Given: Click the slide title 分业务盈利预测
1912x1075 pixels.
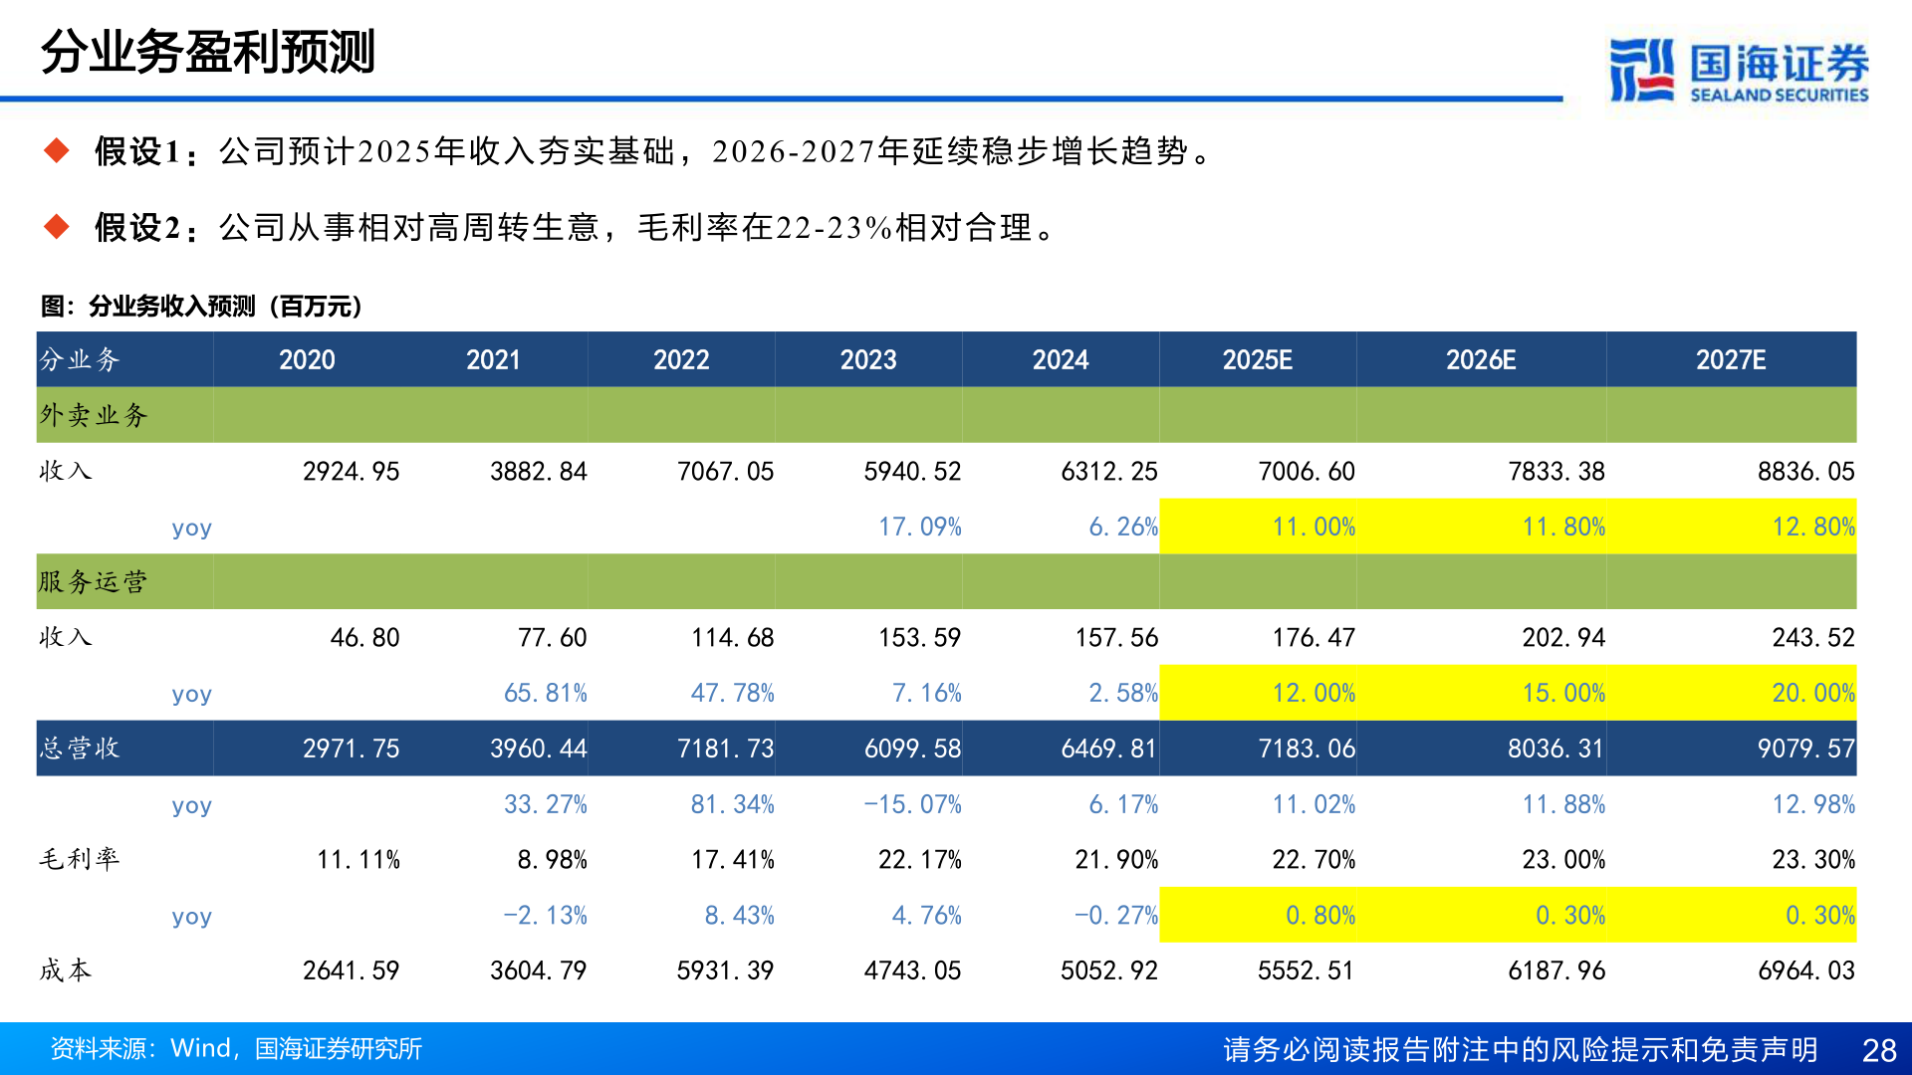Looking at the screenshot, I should pos(207,52).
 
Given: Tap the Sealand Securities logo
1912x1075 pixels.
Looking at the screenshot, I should pos(1738,70).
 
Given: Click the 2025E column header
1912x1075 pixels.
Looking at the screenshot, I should pos(1257,360).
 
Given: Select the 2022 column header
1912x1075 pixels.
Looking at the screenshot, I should pos(681,360).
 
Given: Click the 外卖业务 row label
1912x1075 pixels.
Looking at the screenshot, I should pos(94,415).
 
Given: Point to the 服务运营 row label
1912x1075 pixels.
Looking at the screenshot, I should pos(94,581).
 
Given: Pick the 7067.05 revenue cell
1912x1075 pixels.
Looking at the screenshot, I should pos(725,472).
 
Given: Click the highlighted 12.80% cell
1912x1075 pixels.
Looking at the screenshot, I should pos(1812,527).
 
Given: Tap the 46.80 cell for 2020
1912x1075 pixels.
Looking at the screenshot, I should pos(364,638).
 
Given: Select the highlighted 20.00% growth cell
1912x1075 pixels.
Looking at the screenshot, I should pos(1812,693).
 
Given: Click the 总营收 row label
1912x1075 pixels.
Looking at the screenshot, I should pos(80,749).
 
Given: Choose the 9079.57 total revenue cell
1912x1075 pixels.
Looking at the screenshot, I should pos(1804,749).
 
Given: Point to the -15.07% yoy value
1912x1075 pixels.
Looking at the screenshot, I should pos(912,804).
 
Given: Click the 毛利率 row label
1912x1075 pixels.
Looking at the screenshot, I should pos(80,859).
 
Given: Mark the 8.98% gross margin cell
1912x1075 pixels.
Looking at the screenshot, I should pos(552,860).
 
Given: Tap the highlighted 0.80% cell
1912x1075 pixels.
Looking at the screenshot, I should pos(1319,916).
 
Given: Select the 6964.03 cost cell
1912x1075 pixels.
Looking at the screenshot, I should pos(1805,970).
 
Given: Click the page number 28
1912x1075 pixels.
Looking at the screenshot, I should pos(1879,1050).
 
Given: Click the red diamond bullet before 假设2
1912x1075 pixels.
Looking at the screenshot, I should pos(57,227).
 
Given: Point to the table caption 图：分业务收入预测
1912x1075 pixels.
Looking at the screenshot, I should pos(201,307).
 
